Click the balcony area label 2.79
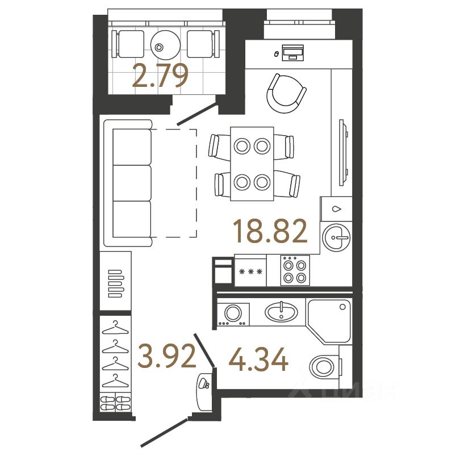pyautogui.click(x=160, y=77)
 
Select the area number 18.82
pyautogui.click(x=270, y=232)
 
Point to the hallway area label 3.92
pyautogui.click(x=166, y=355)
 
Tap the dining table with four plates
pyautogui.click(x=252, y=164)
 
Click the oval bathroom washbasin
pyautogui.click(x=281, y=312)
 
